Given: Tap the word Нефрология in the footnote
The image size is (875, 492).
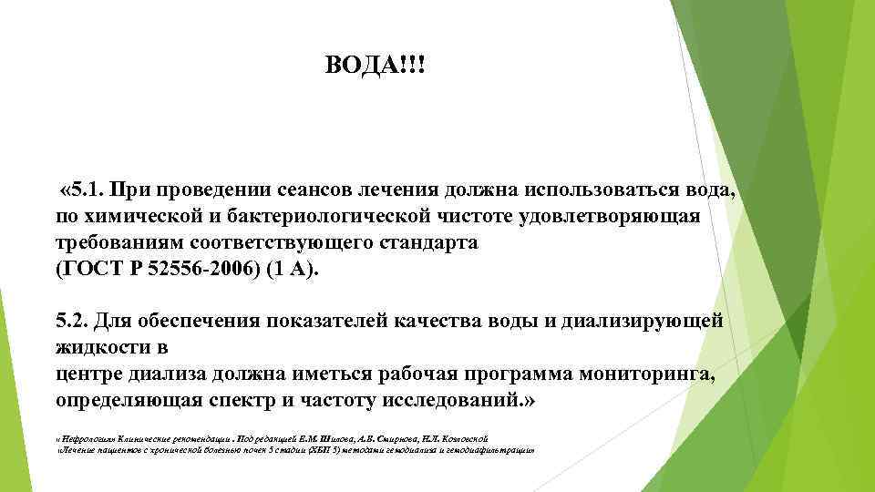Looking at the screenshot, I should pyautogui.click(x=84, y=438).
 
